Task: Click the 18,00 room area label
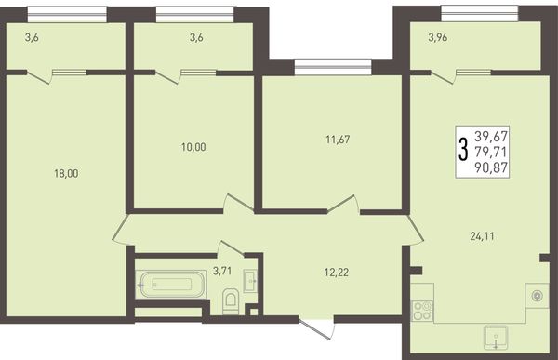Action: (x=66, y=173)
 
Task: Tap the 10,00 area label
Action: (x=193, y=147)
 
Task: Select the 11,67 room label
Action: (x=338, y=140)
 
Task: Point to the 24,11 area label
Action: (x=482, y=236)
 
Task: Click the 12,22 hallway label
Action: (x=337, y=273)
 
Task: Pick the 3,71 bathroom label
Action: (x=222, y=271)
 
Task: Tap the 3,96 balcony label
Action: (x=438, y=37)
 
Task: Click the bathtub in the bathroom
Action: (x=171, y=284)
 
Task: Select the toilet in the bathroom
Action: (x=231, y=301)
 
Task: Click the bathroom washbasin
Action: (x=251, y=281)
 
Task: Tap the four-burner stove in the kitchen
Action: (x=422, y=311)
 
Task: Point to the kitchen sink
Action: (x=496, y=338)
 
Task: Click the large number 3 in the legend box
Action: (x=463, y=151)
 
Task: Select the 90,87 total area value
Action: (x=491, y=167)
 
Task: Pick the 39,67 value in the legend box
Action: (x=491, y=136)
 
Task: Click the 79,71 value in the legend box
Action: (x=491, y=152)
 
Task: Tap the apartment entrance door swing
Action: (x=318, y=329)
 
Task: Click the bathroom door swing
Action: (x=231, y=247)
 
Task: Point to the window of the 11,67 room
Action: (x=333, y=67)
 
